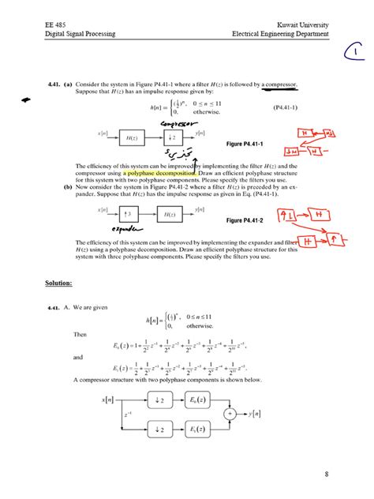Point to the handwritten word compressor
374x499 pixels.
pyautogui.click(x=178, y=123)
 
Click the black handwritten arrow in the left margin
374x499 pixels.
pyautogui.click(x=25, y=100)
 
